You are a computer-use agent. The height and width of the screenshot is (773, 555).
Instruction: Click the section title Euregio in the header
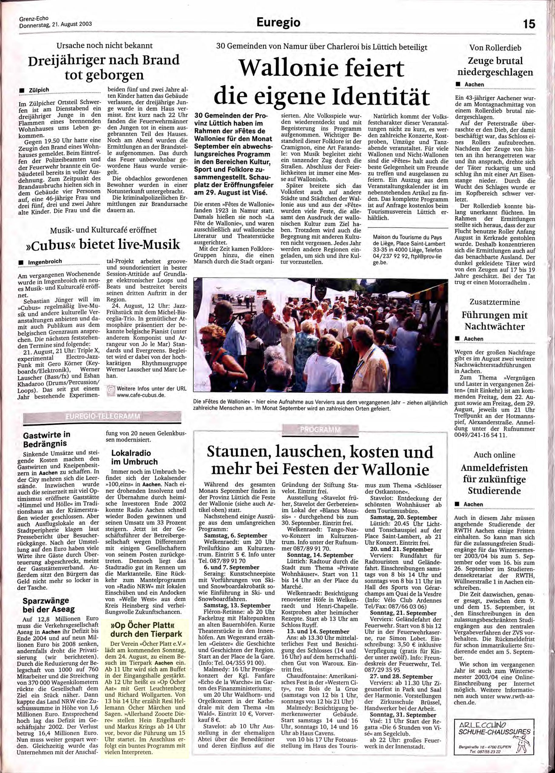click(279, 23)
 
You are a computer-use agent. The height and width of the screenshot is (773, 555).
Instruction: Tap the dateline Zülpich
click(39, 90)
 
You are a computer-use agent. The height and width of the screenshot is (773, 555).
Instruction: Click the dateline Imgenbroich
click(45, 261)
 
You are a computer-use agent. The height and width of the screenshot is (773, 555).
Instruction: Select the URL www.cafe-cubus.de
click(141, 395)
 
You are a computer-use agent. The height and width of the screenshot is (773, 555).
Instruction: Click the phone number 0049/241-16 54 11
click(481, 435)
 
